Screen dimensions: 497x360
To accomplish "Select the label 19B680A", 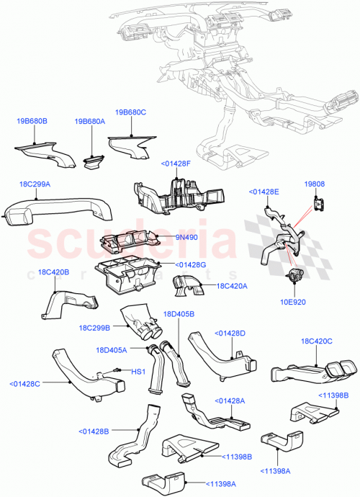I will pos(89,122).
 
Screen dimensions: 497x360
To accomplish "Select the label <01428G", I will pos(192,264).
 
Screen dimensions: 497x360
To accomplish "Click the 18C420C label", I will pos(316,341).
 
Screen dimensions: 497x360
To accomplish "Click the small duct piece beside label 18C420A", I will pos(186,287).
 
